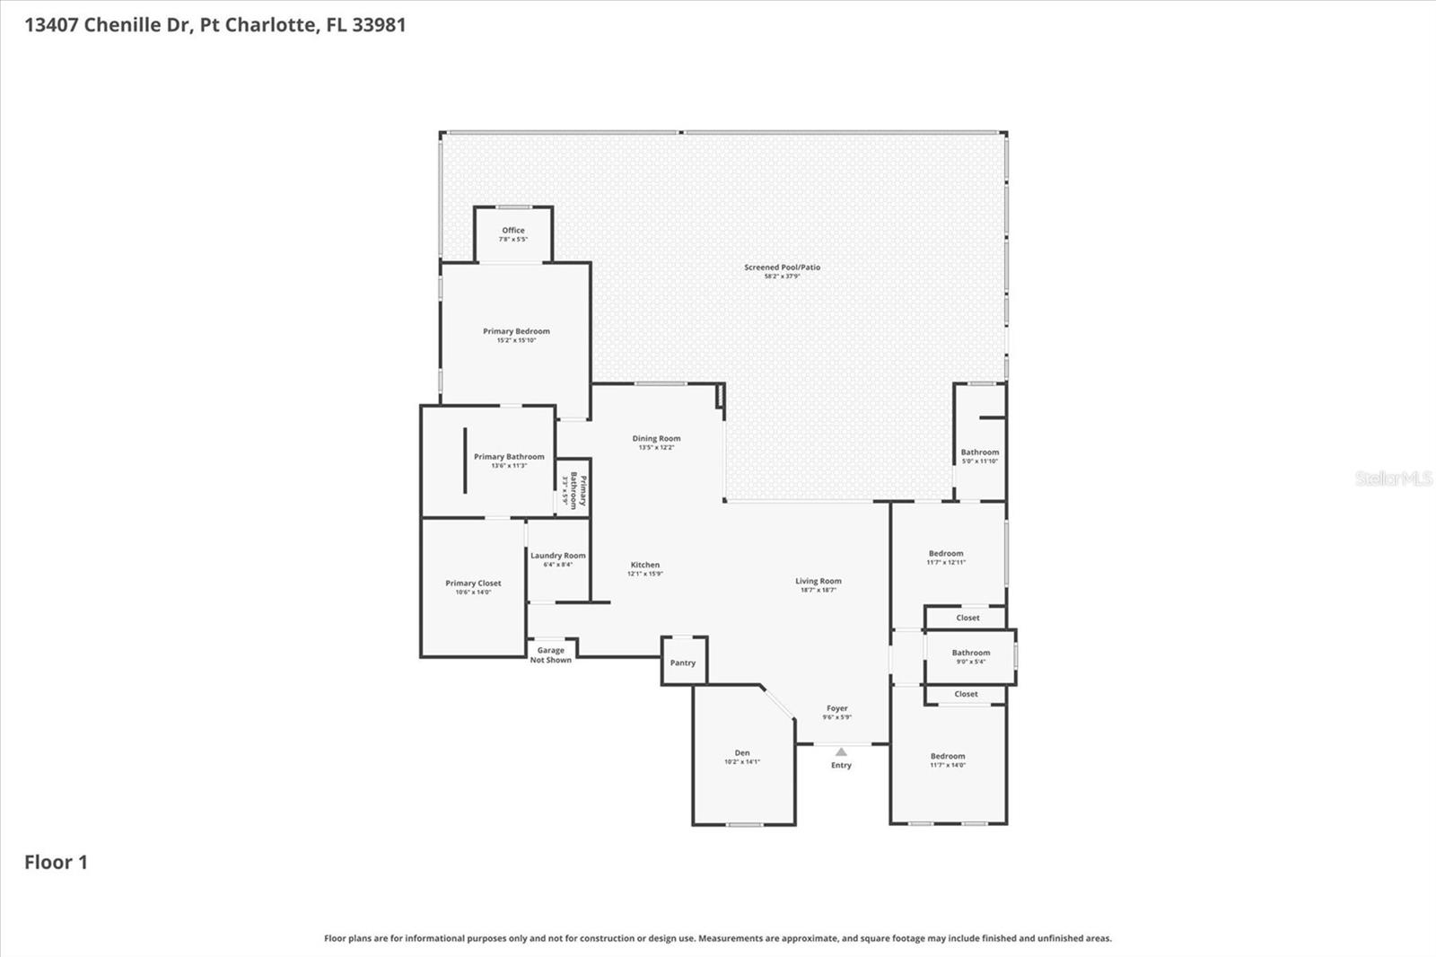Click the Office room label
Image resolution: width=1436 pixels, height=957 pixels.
(x=513, y=231)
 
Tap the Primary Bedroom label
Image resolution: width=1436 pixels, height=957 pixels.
(x=516, y=331)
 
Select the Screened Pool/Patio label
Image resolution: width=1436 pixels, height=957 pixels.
(x=782, y=268)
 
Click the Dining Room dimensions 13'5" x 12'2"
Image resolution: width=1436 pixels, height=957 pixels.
(x=656, y=448)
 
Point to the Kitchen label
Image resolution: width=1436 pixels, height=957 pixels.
(x=644, y=565)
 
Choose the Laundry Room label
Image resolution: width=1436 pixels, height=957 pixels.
(x=557, y=556)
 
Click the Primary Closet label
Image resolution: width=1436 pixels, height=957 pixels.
(x=473, y=584)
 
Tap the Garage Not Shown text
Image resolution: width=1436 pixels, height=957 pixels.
(x=550, y=655)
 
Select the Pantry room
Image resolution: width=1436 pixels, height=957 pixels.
(x=683, y=663)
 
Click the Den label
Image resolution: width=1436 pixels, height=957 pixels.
(x=742, y=753)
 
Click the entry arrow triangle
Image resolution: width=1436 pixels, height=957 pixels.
(x=841, y=751)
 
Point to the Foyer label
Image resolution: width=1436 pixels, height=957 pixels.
(x=836, y=708)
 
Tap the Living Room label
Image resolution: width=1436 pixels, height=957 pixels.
(x=818, y=581)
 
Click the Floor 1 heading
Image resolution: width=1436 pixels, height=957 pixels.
(x=56, y=862)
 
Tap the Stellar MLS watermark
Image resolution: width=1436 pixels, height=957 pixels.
(x=1393, y=478)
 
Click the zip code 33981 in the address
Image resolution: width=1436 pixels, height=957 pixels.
(x=379, y=24)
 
